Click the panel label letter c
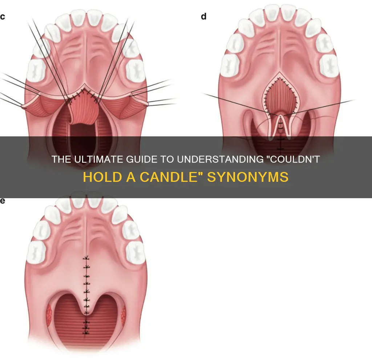(3, 17)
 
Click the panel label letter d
(203, 16)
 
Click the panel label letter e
(3, 201)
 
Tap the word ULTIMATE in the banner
(100, 159)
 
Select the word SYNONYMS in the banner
(248, 177)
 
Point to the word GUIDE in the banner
(142, 159)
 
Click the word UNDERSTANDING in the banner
(220, 159)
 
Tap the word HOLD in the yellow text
(102, 177)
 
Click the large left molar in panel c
(36, 71)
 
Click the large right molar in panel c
(135, 71)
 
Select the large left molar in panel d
(230, 65)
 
